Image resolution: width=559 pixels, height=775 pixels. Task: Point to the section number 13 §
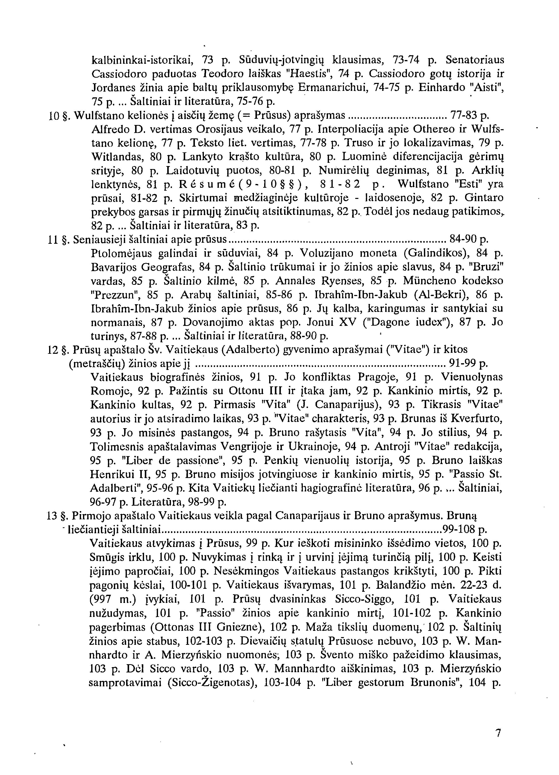(58, 516)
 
